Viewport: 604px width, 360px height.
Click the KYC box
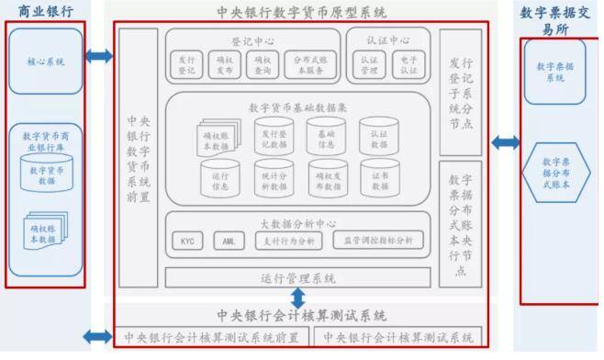(188, 242)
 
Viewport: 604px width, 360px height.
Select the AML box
(229, 242)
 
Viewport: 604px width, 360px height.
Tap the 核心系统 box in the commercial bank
(46, 62)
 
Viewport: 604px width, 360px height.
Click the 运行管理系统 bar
(297, 276)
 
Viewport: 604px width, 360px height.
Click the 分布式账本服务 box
(308, 62)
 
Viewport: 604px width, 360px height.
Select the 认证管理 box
(371, 62)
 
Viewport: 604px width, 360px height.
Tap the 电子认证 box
(408, 62)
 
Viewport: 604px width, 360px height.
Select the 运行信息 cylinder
(219, 179)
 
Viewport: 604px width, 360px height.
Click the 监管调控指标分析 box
(378, 242)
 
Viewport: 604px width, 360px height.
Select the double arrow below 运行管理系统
(296, 298)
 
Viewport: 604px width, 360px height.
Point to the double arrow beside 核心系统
(98, 57)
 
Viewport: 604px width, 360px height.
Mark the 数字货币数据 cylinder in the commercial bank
(46, 175)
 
